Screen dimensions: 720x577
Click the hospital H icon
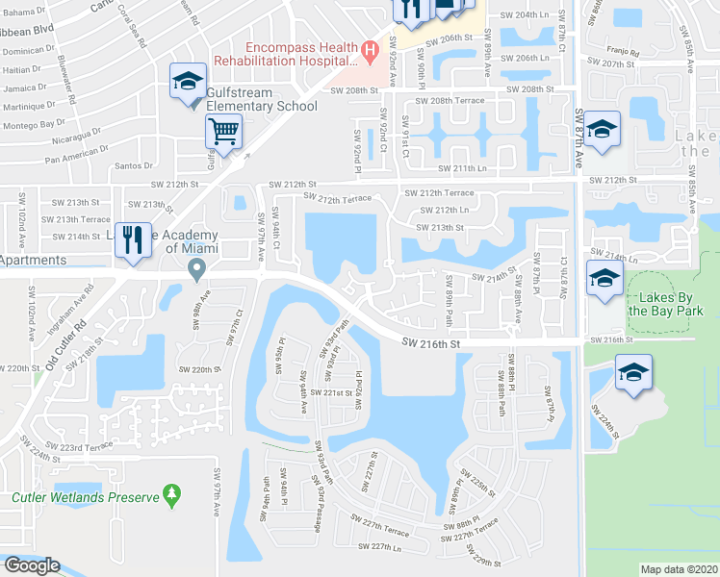tap(368, 50)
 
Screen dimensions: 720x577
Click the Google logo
tap(32, 565)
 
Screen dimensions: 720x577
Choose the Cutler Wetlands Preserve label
tap(85, 497)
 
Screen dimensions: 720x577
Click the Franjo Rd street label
tap(623, 50)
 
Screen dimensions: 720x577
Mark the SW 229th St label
tap(486, 557)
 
